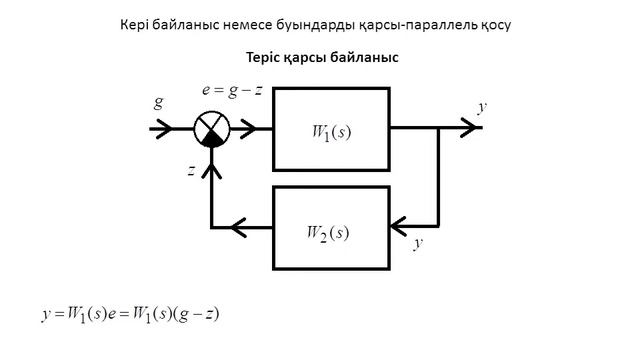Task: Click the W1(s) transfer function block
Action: [x=330, y=129]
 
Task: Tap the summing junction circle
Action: [x=211, y=129]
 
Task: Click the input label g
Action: [x=158, y=102]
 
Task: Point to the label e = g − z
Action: [x=232, y=89]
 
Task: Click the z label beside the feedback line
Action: [x=191, y=170]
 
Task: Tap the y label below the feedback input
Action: [x=417, y=243]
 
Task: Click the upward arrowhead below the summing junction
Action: [x=211, y=170]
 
